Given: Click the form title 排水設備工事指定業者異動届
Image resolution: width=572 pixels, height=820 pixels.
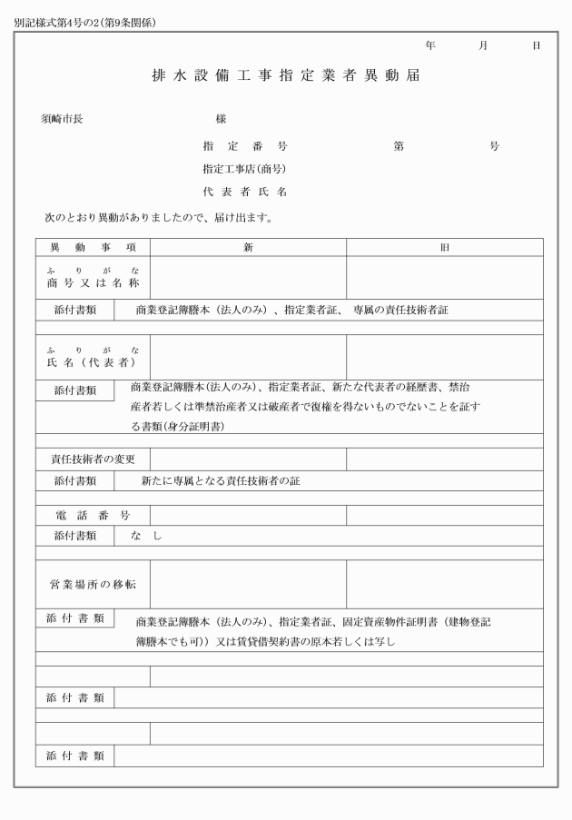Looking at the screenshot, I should [x=285, y=76].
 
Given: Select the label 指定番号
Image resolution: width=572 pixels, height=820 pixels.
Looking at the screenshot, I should [x=245, y=146].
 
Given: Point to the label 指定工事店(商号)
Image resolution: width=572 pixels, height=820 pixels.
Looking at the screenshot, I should [x=244, y=169].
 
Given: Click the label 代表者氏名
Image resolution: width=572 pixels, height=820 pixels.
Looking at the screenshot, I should [x=245, y=192].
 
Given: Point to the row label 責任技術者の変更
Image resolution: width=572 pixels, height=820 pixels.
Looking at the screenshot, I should [x=93, y=459].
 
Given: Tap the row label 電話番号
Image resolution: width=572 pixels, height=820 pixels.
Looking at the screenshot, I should [x=93, y=516].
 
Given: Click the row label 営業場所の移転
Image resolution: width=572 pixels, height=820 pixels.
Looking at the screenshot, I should [x=93, y=584].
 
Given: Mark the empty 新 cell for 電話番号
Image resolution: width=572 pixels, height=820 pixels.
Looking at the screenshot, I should [x=248, y=516].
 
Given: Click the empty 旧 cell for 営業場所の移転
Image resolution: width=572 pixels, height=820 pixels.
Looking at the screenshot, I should [x=444, y=584].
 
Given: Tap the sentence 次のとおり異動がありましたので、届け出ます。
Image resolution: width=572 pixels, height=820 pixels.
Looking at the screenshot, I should [x=159, y=218].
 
